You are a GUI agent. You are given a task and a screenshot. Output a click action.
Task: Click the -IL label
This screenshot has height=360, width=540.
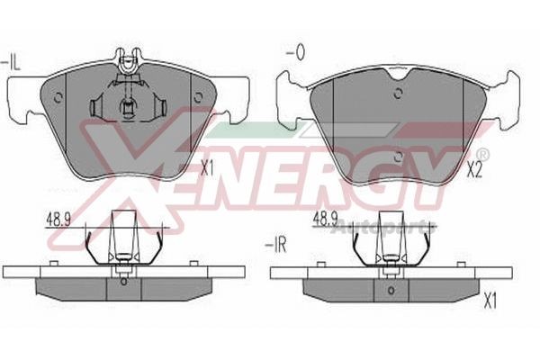tap(11, 61)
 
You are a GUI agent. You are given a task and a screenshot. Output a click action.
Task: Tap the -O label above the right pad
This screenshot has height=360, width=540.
tap(293, 52)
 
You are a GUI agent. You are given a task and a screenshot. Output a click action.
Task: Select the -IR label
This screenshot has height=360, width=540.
tap(274, 244)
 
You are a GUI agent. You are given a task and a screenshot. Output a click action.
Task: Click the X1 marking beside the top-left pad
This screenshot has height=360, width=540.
tap(208, 167)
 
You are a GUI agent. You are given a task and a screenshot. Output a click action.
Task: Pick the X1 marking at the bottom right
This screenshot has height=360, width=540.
tap(490, 302)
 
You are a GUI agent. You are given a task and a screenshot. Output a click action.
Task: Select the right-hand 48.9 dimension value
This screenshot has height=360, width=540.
tap(325, 219)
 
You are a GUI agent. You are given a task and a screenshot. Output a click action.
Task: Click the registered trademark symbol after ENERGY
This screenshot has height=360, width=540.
tap(482, 154)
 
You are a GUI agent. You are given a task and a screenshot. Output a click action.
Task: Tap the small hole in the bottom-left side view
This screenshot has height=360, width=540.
tap(122, 282)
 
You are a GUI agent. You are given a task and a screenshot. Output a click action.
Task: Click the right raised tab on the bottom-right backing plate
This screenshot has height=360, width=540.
tap(461, 264)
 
